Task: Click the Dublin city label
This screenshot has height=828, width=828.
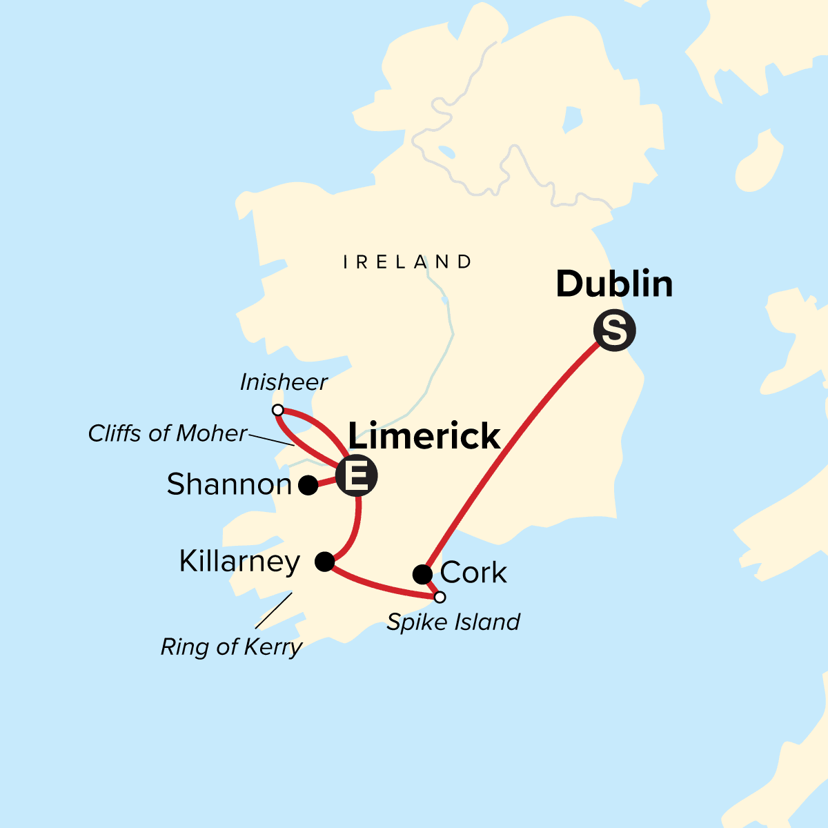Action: pyautogui.click(x=614, y=284)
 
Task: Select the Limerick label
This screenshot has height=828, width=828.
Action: pyautogui.click(x=424, y=436)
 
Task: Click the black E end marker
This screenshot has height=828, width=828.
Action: pyautogui.click(x=357, y=475)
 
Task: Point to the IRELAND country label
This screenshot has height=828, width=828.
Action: pyautogui.click(x=408, y=262)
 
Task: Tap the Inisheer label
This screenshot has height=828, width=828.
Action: pyautogui.click(x=284, y=382)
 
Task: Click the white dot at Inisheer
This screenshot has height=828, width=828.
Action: pyautogui.click(x=278, y=411)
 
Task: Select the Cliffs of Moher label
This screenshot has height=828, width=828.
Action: pyautogui.click(x=167, y=433)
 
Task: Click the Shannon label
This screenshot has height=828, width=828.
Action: pyautogui.click(x=229, y=484)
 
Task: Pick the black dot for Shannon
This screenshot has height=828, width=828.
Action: pyautogui.click(x=308, y=485)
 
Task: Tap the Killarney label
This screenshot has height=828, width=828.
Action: pyautogui.click(x=239, y=562)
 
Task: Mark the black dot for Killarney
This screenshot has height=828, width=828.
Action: pyautogui.click(x=325, y=562)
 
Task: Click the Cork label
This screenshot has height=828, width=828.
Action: pyautogui.click(x=473, y=573)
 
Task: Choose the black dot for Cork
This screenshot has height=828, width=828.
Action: pyautogui.click(x=422, y=574)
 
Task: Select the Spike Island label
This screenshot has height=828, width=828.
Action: pyautogui.click(x=453, y=622)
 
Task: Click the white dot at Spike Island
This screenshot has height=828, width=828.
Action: pyautogui.click(x=440, y=597)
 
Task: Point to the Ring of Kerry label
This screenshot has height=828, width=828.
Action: pyautogui.click(x=231, y=647)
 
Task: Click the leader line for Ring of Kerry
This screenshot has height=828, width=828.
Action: pyautogui.click(x=273, y=610)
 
